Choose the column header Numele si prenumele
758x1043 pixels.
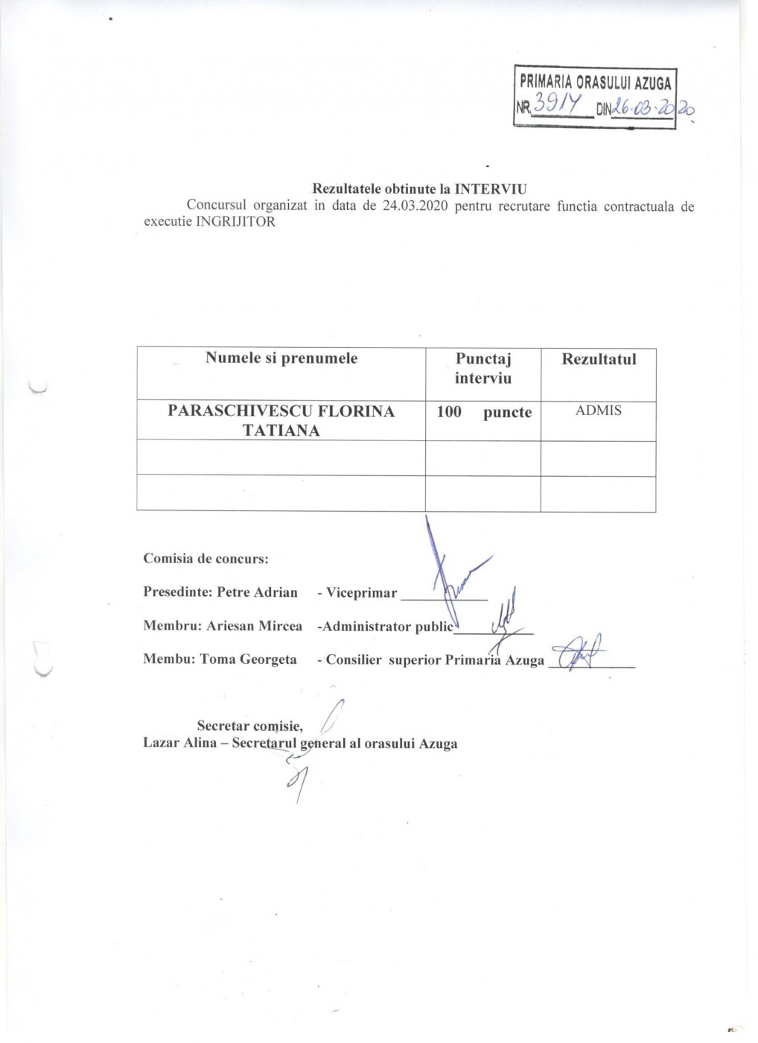pos(281,358)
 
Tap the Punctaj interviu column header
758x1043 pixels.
pos(483,368)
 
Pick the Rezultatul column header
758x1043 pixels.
pos(599,359)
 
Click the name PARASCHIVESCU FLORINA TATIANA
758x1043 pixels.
pos(281,421)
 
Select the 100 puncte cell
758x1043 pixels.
pos(483,412)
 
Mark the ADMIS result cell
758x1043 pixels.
pos(599,410)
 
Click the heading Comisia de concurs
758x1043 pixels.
pos(206,558)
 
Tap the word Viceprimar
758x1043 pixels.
pos(362,593)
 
